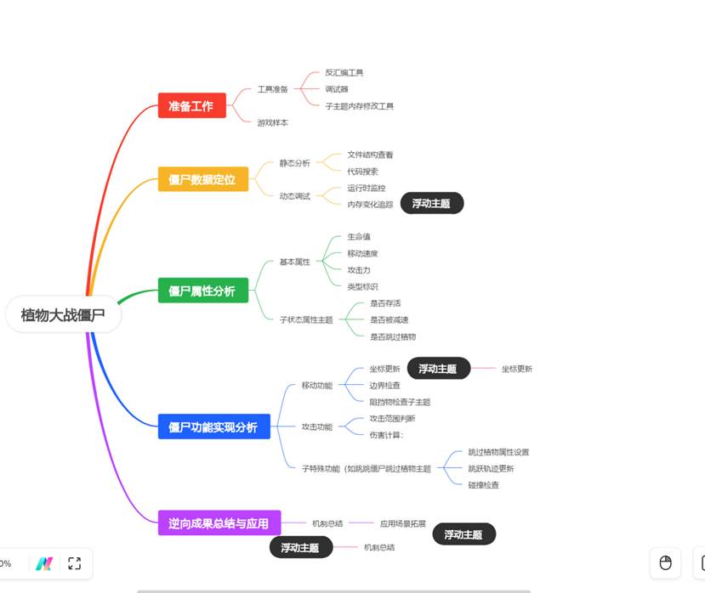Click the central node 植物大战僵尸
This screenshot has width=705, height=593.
(63, 315)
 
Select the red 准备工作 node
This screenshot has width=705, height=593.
(191, 105)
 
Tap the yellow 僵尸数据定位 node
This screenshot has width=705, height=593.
(202, 179)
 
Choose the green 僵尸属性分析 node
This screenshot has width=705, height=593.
(202, 291)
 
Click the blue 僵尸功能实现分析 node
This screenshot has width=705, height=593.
(213, 426)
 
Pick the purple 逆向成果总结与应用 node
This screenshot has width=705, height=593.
(219, 523)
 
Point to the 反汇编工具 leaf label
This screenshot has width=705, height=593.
(344, 73)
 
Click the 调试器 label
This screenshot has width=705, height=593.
(336, 89)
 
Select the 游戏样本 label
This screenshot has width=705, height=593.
(272, 122)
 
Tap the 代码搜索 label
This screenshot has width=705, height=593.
(362, 172)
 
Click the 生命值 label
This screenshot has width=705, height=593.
(359, 237)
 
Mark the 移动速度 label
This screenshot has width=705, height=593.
(362, 253)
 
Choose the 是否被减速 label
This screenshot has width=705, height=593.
(389, 320)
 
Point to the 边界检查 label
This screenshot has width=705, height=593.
(384, 386)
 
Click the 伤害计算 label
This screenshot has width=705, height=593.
(385, 435)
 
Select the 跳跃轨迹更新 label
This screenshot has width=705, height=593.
(491, 468)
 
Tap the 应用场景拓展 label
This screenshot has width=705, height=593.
(402, 523)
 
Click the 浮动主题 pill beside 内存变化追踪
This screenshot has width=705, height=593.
(432, 203)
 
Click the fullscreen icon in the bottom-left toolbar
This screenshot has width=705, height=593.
(74, 562)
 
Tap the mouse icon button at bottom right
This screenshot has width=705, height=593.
(666, 562)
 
